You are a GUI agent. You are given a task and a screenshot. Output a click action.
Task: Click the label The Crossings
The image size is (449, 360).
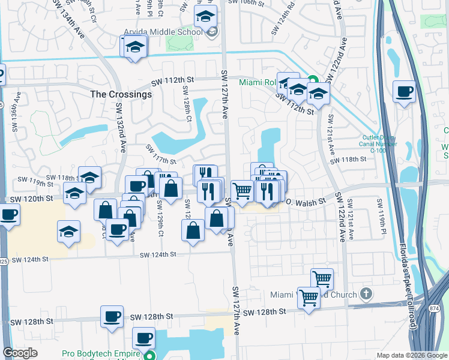tap(121, 94)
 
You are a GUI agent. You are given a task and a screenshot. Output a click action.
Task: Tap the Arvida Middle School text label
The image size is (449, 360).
tap(163, 32)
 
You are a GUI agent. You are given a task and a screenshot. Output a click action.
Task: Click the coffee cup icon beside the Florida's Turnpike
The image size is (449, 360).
tap(404, 92)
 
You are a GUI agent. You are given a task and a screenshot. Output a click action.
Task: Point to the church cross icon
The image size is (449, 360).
tap(367, 294)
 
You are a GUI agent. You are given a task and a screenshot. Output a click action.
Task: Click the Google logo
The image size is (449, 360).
tap(20, 353)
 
